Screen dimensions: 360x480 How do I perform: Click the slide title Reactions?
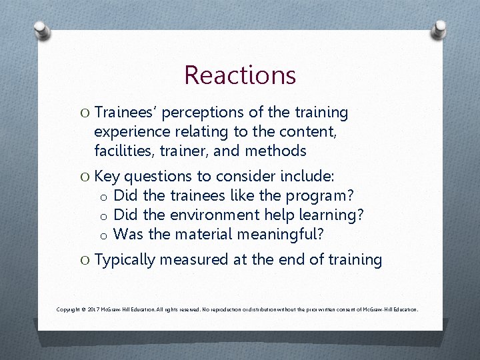click(x=240, y=75)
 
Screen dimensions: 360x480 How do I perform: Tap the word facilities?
click(x=125, y=151)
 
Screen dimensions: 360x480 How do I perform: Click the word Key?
click(x=107, y=177)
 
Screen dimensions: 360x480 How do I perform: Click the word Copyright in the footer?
click(x=69, y=310)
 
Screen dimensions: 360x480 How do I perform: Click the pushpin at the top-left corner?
click(x=41, y=31)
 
